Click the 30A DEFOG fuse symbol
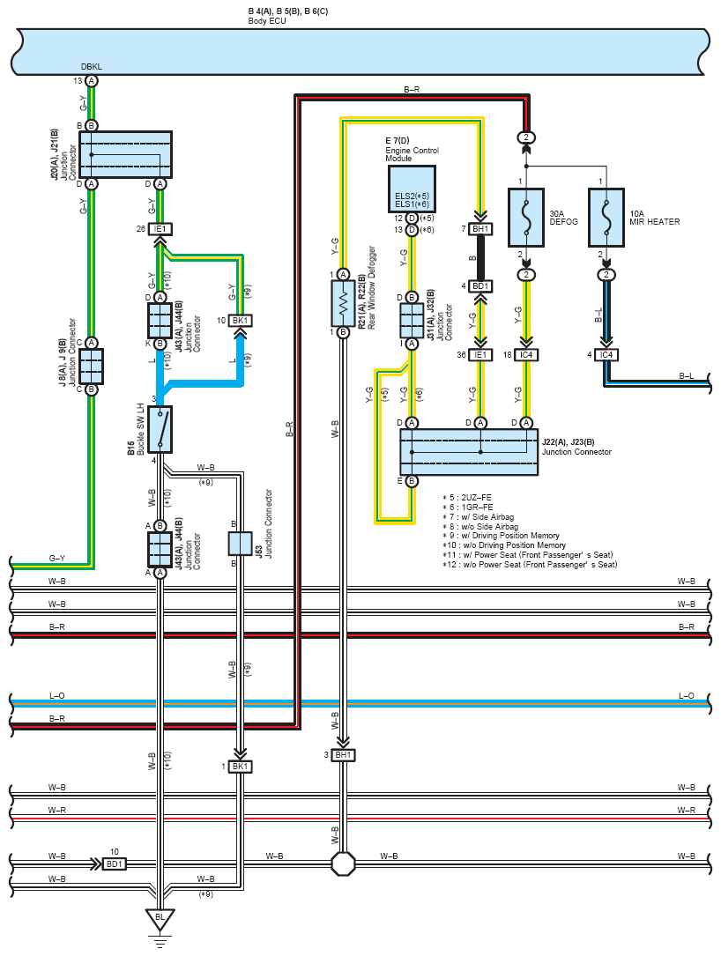tap(526, 218)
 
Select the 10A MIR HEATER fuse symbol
tap(606, 218)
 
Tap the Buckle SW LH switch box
tap(160, 429)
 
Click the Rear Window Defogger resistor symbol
tap(344, 303)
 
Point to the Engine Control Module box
tap(412, 189)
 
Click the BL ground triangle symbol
tap(160, 918)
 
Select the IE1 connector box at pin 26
tap(160, 228)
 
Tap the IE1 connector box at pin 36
tap(480, 355)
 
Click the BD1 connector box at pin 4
tap(480, 286)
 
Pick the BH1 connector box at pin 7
tap(480, 228)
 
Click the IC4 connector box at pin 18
tap(526, 355)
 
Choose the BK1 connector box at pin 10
tap(240, 320)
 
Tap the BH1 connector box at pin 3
tap(344, 755)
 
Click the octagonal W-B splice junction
tap(344, 863)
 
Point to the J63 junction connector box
tap(240, 544)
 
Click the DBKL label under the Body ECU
tap(92, 66)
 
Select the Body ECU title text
tap(267, 21)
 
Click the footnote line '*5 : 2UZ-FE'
tap(467, 498)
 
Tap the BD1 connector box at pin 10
tap(114, 864)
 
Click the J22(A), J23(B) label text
tap(568, 442)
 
